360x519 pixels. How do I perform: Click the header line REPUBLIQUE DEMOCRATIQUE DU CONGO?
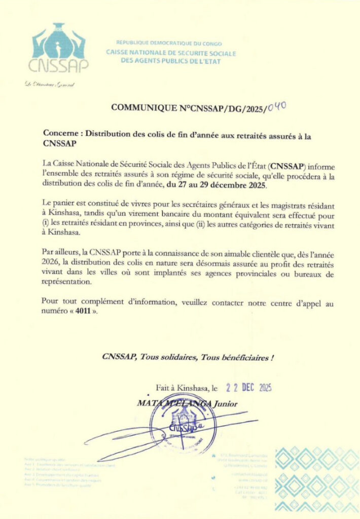169,44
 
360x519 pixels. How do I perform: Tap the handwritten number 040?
277,106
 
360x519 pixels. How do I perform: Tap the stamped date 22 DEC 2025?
249,388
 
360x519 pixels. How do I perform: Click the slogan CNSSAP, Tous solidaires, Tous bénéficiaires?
188,357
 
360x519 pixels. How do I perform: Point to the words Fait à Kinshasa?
183,388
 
